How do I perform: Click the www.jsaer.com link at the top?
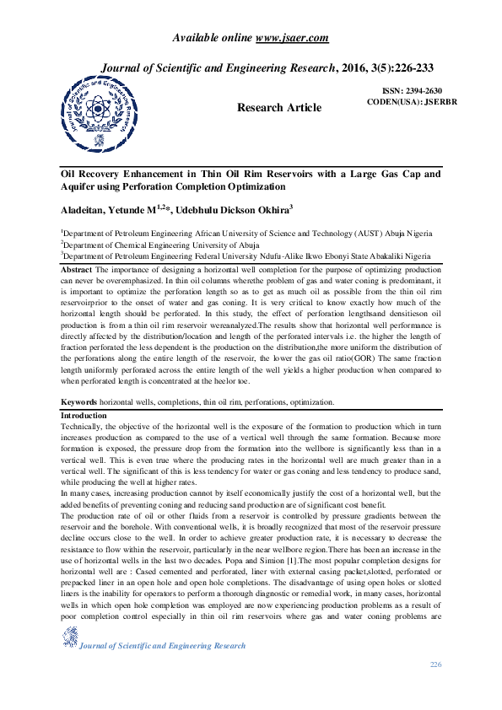(x=292, y=38)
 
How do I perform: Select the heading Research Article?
(x=279, y=107)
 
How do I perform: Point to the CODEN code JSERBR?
(x=425, y=102)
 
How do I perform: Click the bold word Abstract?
(x=77, y=268)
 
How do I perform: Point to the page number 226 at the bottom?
(x=435, y=665)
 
